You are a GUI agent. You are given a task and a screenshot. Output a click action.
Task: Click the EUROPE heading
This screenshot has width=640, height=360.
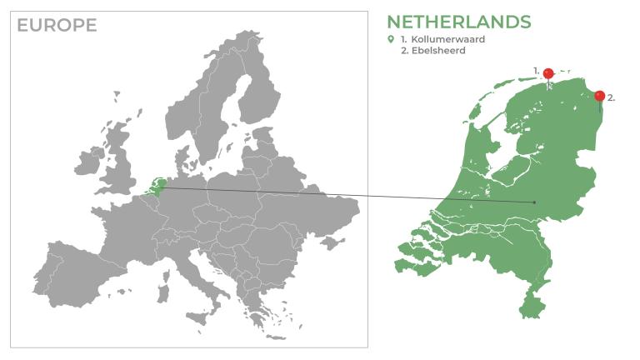click(57, 25)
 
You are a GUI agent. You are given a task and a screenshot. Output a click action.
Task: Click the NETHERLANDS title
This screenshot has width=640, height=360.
click(458, 22)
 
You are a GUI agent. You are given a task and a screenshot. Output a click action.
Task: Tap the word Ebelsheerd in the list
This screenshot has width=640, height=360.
click(442, 51)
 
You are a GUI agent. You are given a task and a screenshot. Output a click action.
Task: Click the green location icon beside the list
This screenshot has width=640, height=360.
click(390, 39)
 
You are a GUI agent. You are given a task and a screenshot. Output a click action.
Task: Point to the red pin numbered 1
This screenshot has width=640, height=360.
click(548, 74)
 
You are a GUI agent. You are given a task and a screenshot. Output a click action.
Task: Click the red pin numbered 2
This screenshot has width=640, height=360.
click(599, 97)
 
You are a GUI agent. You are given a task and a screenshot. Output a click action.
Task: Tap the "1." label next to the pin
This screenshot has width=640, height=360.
click(537, 70)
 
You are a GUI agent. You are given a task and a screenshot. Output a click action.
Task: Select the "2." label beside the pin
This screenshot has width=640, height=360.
click(612, 97)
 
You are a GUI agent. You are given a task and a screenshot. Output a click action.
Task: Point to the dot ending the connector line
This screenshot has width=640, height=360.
click(534, 202)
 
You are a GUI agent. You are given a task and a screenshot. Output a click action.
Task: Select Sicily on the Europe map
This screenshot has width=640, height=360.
click(197, 317)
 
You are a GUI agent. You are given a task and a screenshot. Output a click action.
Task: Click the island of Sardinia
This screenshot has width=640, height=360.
click(163, 294)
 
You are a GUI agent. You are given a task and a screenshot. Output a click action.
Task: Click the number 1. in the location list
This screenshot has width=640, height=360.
click(403, 39)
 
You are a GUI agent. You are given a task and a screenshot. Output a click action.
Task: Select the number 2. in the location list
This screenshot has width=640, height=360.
click(404, 51)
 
